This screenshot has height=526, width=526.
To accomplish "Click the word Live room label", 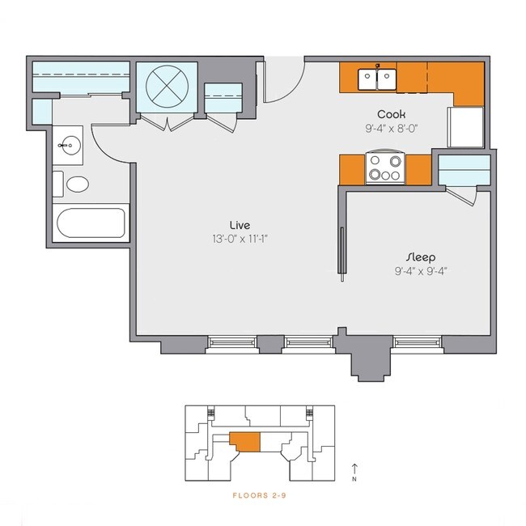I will [239, 224].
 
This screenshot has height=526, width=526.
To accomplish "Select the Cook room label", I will [391, 114].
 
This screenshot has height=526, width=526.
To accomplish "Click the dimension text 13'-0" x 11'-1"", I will [239, 239].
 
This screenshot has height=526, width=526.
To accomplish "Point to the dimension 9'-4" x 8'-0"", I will [391, 128].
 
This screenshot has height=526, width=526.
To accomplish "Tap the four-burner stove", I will [385, 168].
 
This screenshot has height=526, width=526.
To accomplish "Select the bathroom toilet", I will [75, 184].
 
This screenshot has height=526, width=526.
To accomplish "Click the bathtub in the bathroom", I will [90, 223].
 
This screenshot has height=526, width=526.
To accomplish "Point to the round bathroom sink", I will [70, 146].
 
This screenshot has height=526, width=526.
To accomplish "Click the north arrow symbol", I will [356, 469].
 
